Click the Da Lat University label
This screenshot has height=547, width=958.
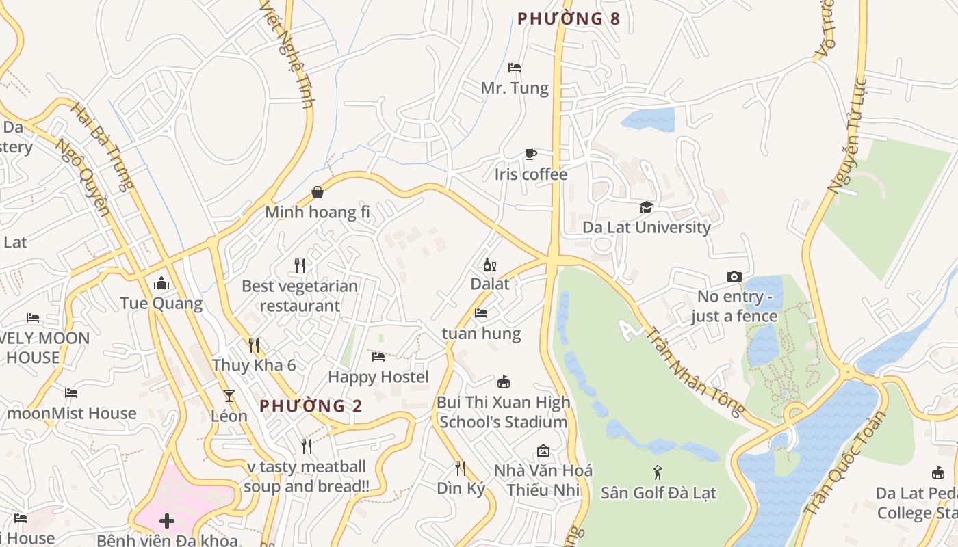[647, 227]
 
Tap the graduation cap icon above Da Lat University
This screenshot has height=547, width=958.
[646, 207]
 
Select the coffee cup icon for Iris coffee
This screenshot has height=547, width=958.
[530, 155]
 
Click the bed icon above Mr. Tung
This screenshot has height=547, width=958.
[515, 68]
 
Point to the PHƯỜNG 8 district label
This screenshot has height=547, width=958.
[569, 19]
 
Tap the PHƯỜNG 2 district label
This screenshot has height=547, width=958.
[311, 406]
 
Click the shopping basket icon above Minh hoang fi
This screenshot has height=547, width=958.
[318, 192]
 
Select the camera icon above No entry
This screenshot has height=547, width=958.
[734, 277]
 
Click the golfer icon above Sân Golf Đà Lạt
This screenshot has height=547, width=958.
[658, 472]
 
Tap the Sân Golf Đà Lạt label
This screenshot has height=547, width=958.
[658, 492]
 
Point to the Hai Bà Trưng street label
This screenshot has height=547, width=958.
[102, 147]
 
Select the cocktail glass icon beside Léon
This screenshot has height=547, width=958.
[229, 396]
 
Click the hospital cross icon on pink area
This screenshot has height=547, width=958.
[167, 522]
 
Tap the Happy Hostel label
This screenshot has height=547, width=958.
[378, 377]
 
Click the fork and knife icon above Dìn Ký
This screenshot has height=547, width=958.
[461, 468]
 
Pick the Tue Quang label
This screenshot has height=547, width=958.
[161, 304]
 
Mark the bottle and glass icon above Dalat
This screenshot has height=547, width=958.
[489, 265]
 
